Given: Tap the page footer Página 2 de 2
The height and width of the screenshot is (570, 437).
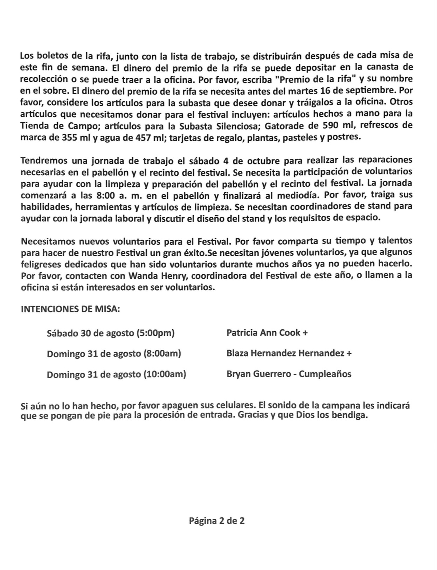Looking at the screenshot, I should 217,521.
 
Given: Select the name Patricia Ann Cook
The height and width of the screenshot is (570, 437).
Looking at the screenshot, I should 263,332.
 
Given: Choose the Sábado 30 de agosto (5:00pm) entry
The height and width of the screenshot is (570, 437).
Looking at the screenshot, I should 111,333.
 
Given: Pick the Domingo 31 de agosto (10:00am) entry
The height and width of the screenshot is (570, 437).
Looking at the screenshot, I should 116,374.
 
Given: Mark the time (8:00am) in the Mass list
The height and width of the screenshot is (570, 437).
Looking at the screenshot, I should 162,353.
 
